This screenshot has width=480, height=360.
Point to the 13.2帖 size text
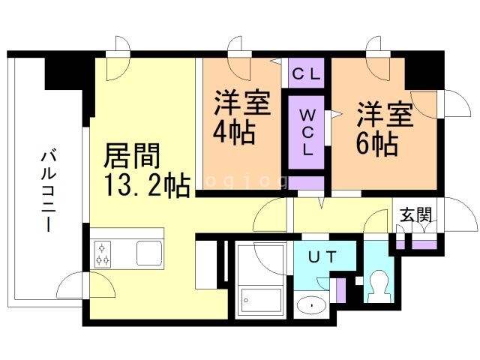click(146, 184)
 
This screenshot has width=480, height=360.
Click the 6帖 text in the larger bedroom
click(376, 142)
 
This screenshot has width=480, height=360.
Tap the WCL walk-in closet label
click(307, 132)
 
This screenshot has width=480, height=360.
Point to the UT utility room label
click(323, 257)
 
